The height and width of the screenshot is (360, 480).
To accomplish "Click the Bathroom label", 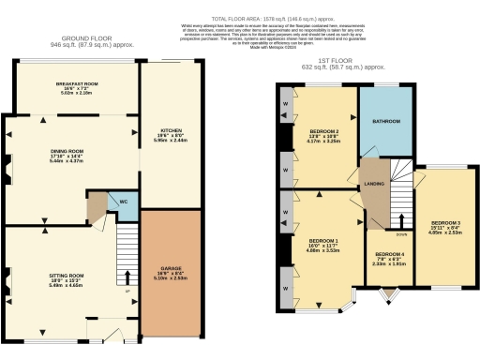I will [387, 122].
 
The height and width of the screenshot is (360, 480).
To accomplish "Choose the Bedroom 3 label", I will [439, 223].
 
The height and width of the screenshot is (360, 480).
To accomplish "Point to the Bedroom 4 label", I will [390, 255].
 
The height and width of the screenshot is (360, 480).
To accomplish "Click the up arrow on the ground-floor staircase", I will [127, 276].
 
